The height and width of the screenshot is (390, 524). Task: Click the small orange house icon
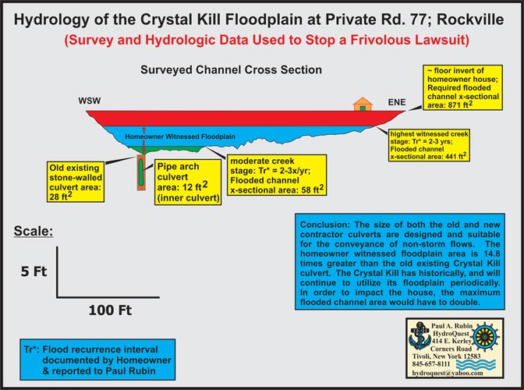363,104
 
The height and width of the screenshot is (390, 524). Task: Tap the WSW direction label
90,101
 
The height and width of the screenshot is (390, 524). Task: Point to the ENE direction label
397,102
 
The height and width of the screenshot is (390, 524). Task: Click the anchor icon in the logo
420,336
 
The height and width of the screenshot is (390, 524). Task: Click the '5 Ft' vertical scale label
34,271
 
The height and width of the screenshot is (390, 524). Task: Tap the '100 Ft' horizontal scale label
110,310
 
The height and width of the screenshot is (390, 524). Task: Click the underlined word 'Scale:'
34,231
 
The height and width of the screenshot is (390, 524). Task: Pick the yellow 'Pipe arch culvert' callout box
188,183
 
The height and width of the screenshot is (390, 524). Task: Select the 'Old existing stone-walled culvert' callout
76,183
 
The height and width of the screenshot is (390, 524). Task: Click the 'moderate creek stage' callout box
277,175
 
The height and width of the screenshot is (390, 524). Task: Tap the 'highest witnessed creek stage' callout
429,145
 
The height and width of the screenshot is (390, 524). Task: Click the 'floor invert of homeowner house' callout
463,87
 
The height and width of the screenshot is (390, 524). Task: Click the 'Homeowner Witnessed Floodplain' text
180,136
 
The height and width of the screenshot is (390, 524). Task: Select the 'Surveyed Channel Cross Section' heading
232,70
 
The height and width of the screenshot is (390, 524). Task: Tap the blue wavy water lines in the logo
476,365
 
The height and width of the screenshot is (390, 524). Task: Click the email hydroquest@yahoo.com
448,373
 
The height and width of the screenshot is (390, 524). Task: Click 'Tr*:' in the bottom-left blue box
32,349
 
